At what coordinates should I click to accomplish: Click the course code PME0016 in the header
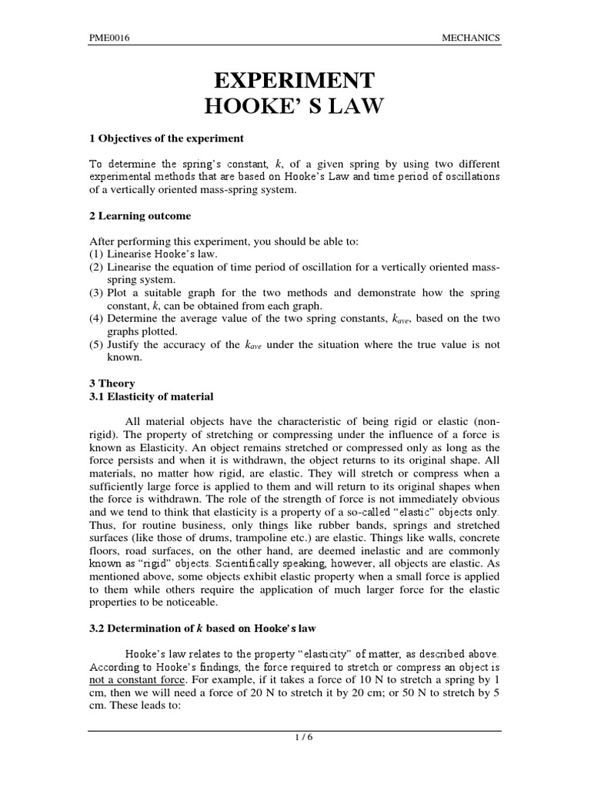click(x=109, y=38)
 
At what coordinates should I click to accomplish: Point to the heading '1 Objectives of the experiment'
click(x=166, y=138)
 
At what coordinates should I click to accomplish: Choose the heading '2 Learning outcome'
click(x=140, y=216)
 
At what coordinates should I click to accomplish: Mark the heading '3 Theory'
click(x=112, y=384)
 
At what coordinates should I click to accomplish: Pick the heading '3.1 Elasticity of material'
click(x=152, y=397)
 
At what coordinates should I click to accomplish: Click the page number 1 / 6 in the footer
click(x=295, y=739)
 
